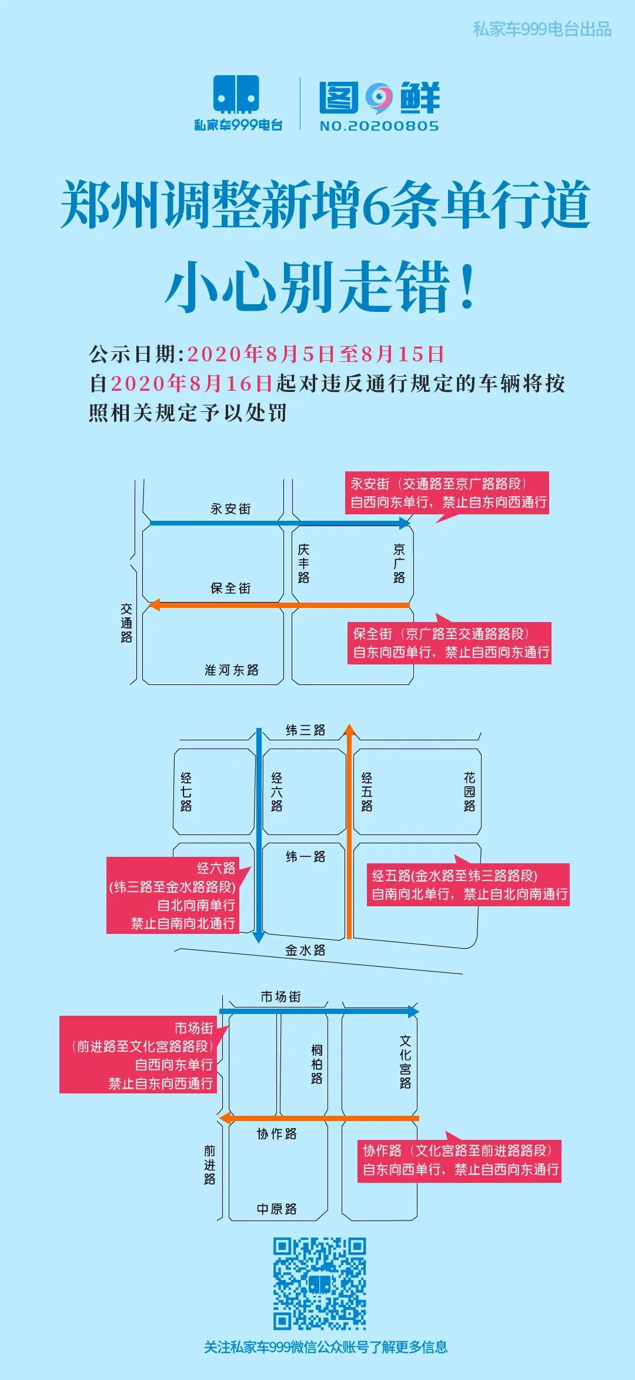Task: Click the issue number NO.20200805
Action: tap(379, 126)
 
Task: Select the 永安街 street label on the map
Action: tap(230, 508)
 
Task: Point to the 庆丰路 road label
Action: tap(303, 563)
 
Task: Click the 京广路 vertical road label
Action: tap(399, 563)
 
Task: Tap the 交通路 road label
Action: tap(126, 623)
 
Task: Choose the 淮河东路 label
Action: tap(232, 670)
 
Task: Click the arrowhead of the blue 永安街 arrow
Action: tap(405, 523)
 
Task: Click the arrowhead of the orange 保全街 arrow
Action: tap(155, 605)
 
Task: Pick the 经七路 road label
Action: tap(186, 792)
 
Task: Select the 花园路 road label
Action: tap(469, 792)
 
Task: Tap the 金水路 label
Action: tap(305, 950)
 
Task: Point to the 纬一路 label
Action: tap(305, 857)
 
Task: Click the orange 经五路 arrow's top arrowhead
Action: tap(349, 730)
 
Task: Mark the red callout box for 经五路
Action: tap(468, 884)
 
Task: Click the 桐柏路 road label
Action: tap(317, 1064)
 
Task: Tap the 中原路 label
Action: tap(276, 1209)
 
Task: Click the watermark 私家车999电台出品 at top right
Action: tap(542, 29)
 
